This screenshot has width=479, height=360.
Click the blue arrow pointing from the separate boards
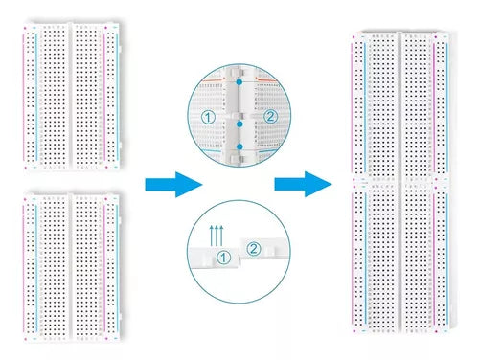tap(173, 185)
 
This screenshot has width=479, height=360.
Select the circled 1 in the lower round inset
tap(223, 257)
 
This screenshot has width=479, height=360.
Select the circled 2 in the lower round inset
tap(254, 250)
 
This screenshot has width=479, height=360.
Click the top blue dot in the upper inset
tap(239, 82)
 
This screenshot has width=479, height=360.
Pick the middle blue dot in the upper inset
tap(239, 122)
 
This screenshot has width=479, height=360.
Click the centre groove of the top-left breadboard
tap(72, 96)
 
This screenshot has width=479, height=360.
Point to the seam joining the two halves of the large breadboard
tap(400, 181)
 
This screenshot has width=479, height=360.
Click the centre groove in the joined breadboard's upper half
tap(400, 105)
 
